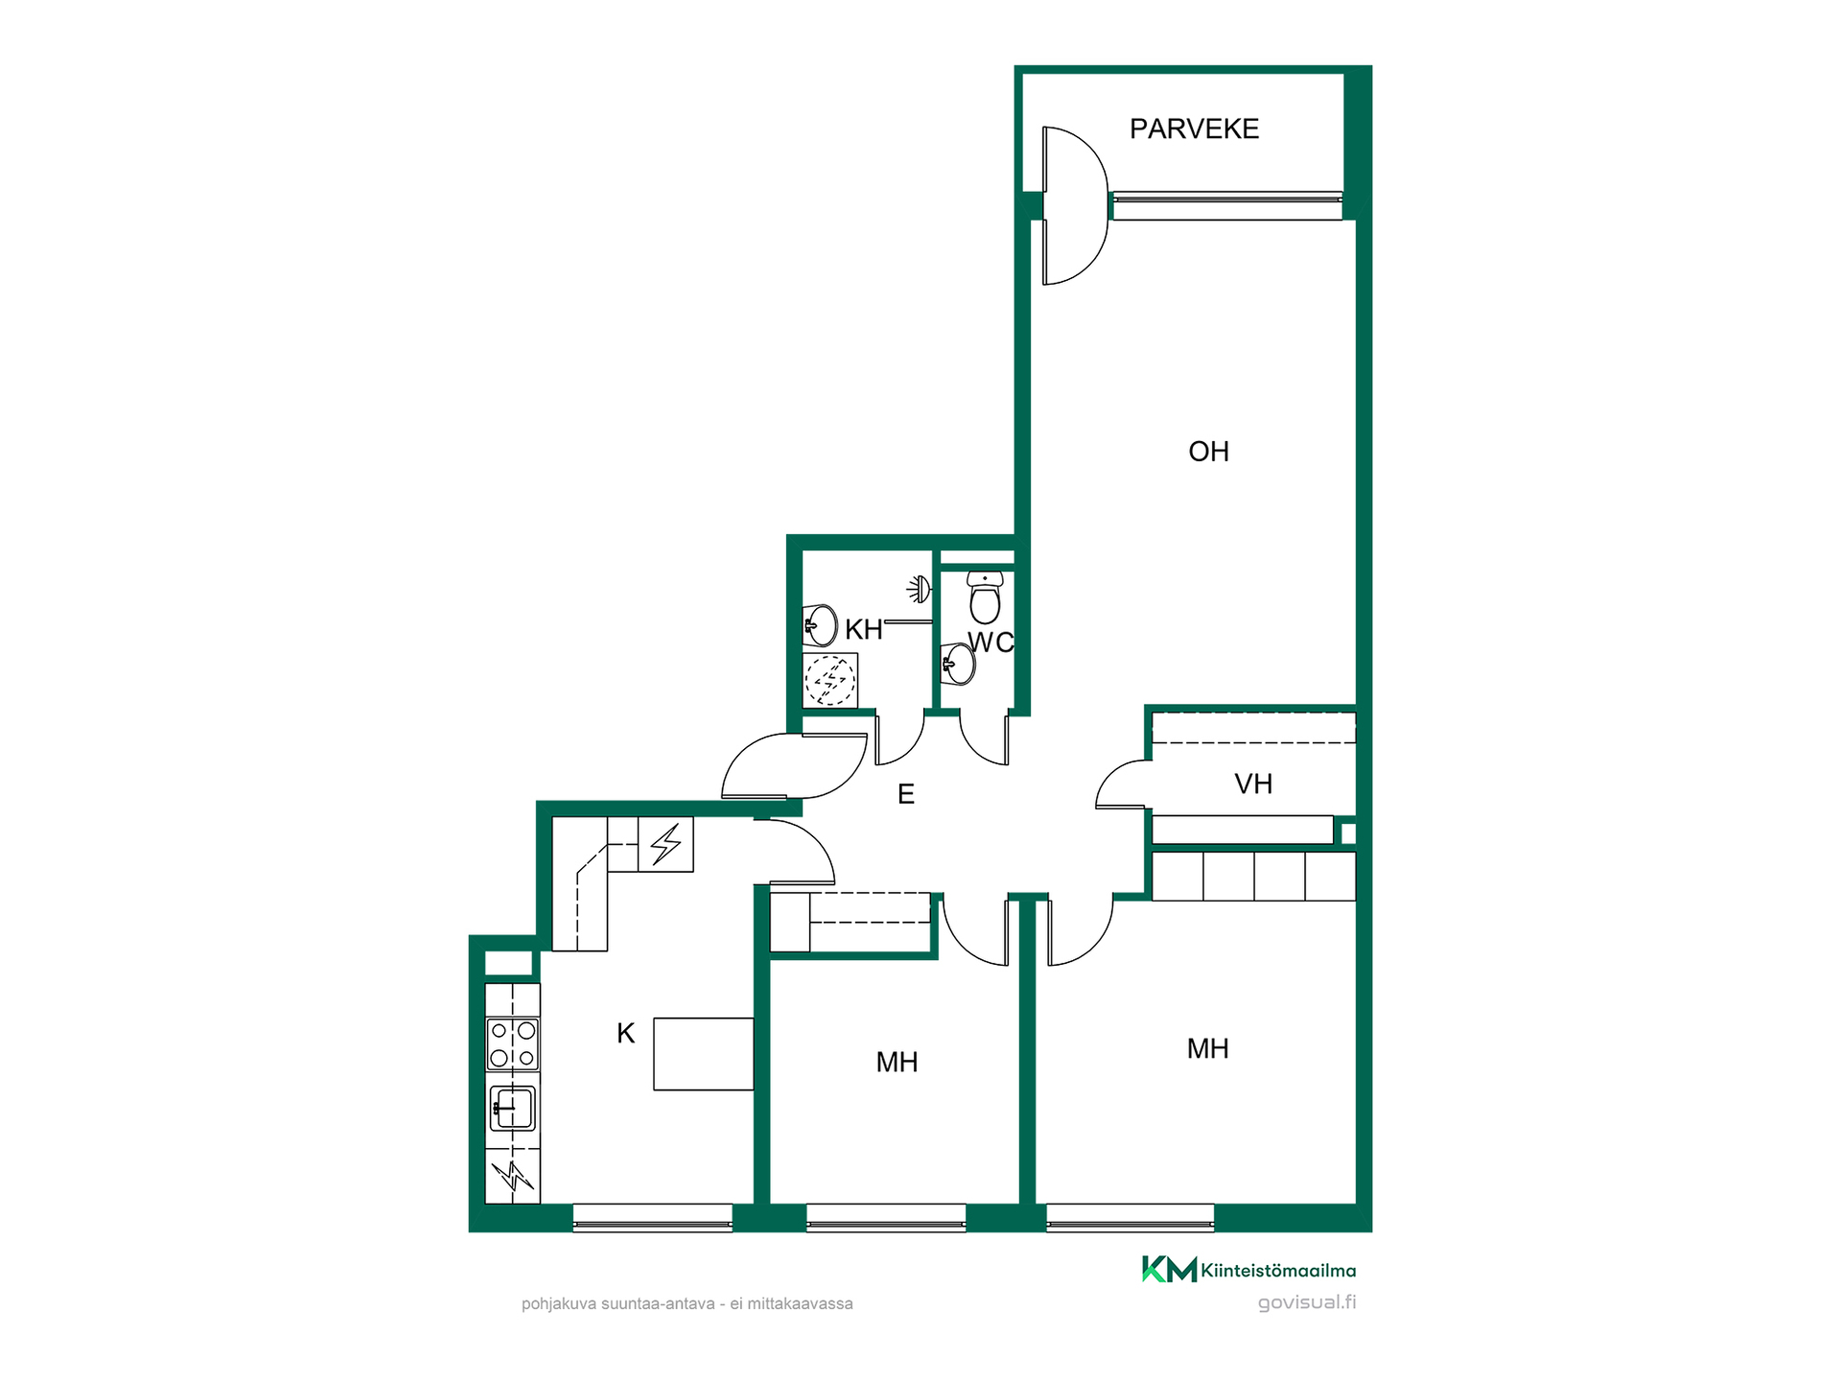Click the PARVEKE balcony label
[1194, 129]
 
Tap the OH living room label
[1208, 452]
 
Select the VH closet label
[1253, 784]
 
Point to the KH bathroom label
[863, 630]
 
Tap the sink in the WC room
[958, 664]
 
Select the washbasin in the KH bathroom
[820, 625]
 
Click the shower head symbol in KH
[919, 588]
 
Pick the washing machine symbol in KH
[830, 680]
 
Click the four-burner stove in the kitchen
[513, 1044]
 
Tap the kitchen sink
[513, 1108]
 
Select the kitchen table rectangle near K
[704, 1054]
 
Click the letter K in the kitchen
[625, 1034]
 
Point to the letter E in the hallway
[906, 794]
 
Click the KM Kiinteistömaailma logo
[1248, 1270]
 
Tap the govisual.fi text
[1307, 1302]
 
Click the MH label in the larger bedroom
[1207, 1049]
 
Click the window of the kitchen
[653, 1217]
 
